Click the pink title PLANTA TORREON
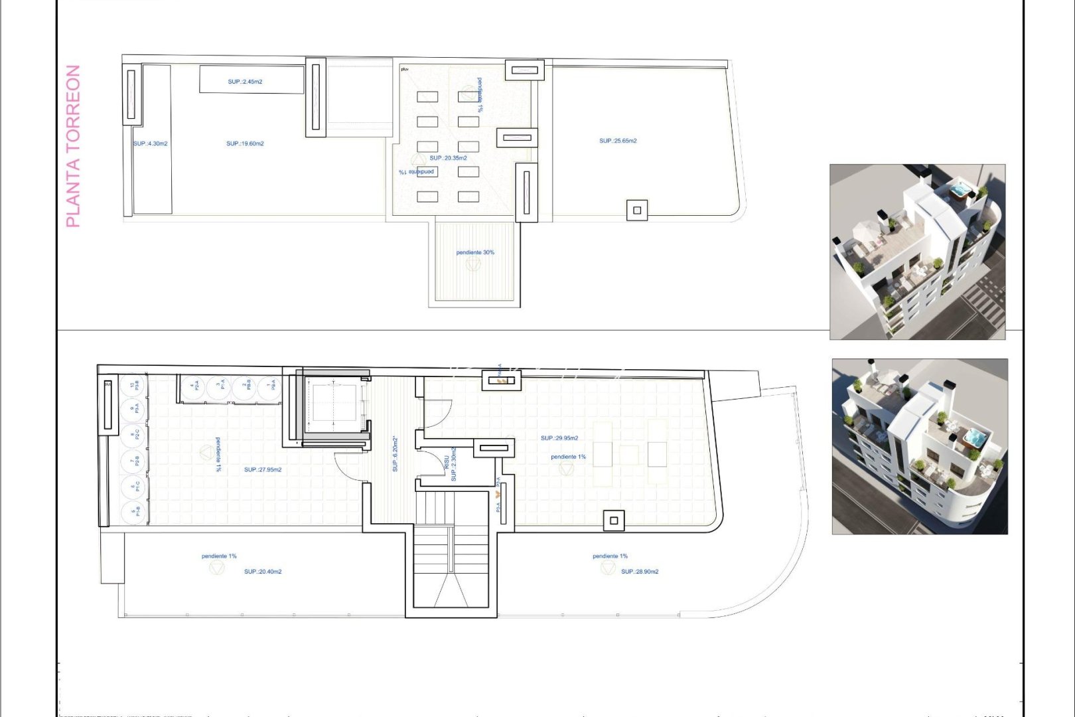[x=74, y=146]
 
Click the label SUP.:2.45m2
[x=245, y=82]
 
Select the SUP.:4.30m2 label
[x=151, y=143]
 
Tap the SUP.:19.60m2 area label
[x=245, y=143]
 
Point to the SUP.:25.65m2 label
[x=618, y=141]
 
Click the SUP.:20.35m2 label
[x=448, y=158]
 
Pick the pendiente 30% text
[x=475, y=252]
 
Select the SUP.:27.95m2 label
[x=263, y=469]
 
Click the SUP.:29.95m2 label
[x=559, y=438]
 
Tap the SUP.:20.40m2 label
[x=263, y=572]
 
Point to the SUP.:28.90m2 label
[x=640, y=572]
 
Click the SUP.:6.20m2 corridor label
[x=395, y=454]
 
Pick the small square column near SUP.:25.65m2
[x=637, y=210]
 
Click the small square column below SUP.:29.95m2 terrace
[x=614, y=520]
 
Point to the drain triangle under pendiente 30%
[x=472, y=264]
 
